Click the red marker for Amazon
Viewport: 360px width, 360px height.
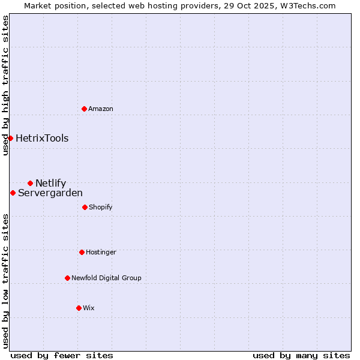[84, 109]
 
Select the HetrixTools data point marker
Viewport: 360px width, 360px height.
[10, 138]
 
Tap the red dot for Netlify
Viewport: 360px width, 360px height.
[30, 183]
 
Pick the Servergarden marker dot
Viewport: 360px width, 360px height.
[13, 193]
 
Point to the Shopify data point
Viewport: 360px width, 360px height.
[85, 207]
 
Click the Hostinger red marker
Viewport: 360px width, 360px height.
[82, 252]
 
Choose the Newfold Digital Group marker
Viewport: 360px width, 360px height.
[67, 278]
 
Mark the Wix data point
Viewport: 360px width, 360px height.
[79, 308]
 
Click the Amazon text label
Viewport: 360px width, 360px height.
[101, 109]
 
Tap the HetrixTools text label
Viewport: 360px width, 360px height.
[42, 138]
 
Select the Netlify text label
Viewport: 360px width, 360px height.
[51, 183]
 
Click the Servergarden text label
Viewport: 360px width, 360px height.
[50, 193]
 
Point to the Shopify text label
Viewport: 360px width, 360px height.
[101, 207]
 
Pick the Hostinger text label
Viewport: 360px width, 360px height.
[101, 252]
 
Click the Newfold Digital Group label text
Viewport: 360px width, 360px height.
[106, 278]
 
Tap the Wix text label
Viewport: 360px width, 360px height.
[89, 308]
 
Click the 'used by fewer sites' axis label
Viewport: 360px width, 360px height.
[62, 355]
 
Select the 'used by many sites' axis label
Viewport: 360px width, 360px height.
[301, 355]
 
